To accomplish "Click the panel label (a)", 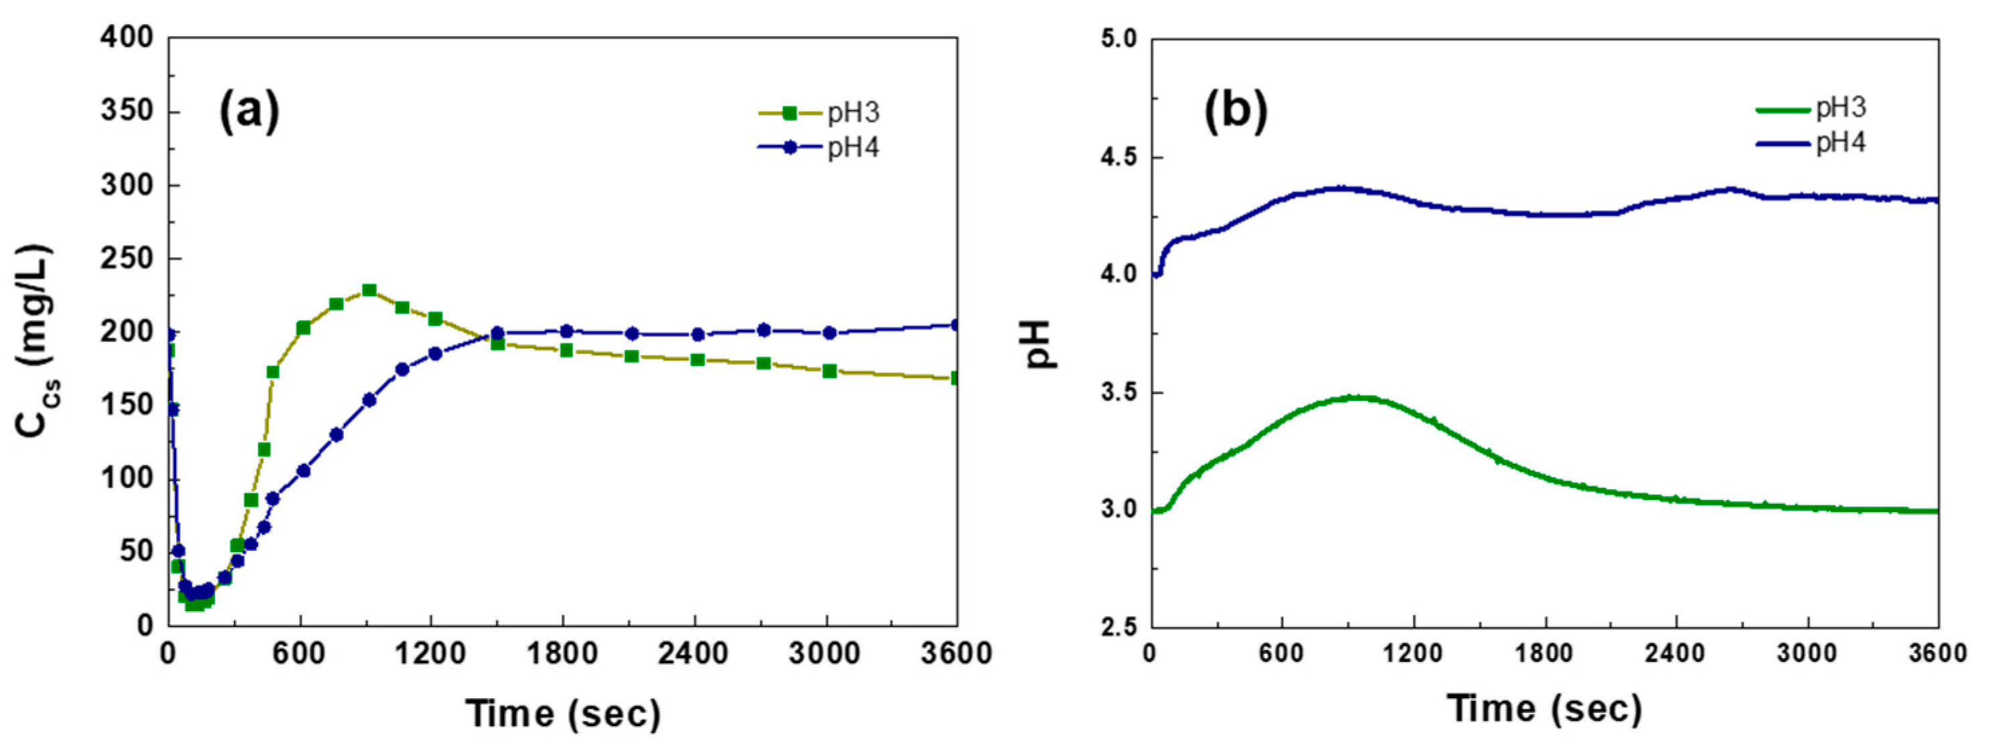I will (249, 110).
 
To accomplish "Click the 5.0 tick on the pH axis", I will (1120, 39).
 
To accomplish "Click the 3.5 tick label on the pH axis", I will (1120, 392).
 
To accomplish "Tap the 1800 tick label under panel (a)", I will (562, 655).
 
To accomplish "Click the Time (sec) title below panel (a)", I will (563, 712).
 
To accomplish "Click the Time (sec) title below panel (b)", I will (1545, 707).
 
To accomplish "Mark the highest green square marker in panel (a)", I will (369, 290).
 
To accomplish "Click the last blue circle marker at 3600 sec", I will (957, 325).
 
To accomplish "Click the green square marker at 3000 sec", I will (830, 371).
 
